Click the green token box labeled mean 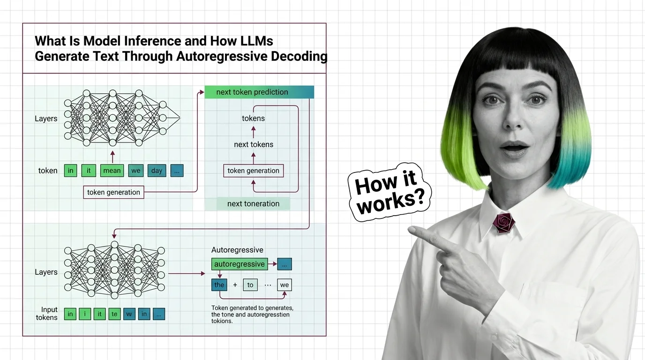[112, 171]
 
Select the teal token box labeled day [157, 171]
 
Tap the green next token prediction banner [259, 92]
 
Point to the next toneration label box [253, 204]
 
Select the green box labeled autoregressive [240, 264]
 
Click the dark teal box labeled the [219, 285]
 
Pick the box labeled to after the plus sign [250, 285]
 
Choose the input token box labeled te [114, 314]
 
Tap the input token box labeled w [129, 314]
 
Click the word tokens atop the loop [253, 119]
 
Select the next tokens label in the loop [253, 144]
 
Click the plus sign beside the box [235, 285]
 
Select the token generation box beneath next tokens [253, 171]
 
